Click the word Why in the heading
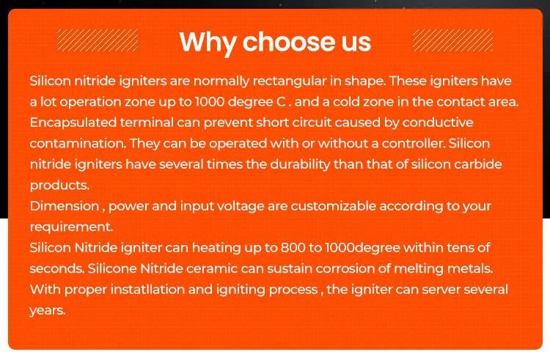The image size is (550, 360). click(208, 43)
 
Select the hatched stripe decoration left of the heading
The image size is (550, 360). click(98, 40)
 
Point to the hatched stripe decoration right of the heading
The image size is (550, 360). click(453, 40)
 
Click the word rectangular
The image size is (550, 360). click(290, 81)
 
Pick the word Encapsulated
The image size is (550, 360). click(73, 123)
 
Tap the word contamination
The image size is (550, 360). click(78, 144)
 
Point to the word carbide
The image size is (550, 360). click(477, 164)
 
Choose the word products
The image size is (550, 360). click(59, 185)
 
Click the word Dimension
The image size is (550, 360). click(65, 206)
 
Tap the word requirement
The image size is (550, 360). click(71, 227)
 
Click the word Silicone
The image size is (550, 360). click(112, 268)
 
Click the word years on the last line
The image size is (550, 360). click(48, 311)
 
